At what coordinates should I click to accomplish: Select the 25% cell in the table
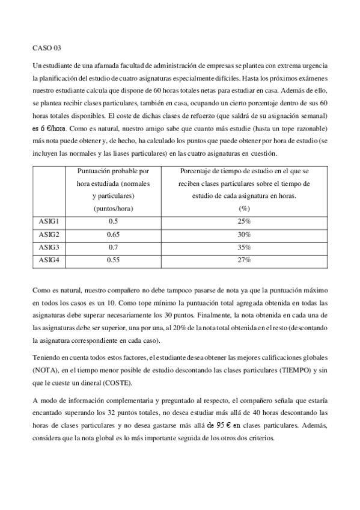pos(244,221)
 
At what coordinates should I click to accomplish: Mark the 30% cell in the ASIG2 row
pos(244,234)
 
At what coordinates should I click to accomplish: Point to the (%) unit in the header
pos(244,208)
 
